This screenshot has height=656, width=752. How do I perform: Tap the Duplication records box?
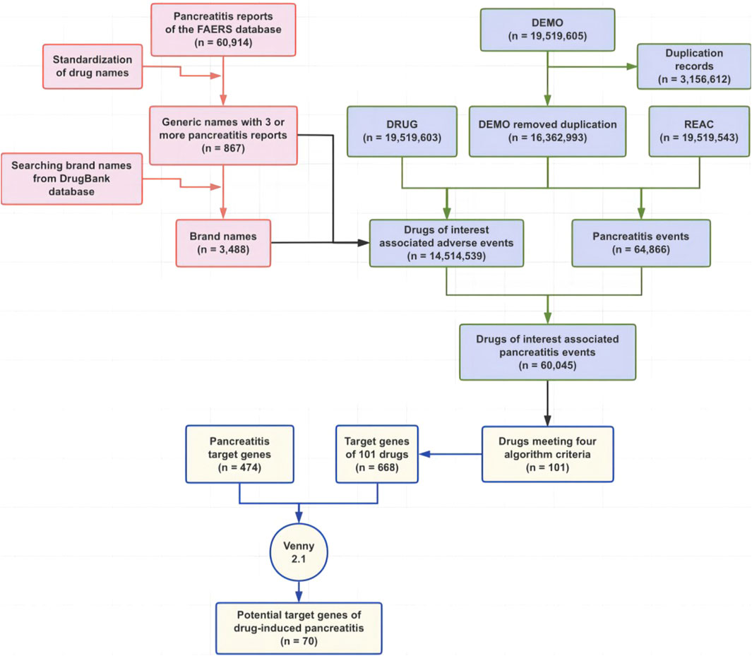684,66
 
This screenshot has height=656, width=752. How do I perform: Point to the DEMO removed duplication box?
547,131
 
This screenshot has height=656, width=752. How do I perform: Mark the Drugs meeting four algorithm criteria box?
548,453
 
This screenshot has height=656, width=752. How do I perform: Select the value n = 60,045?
547,366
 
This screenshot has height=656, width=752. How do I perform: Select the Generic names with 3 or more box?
223,135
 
